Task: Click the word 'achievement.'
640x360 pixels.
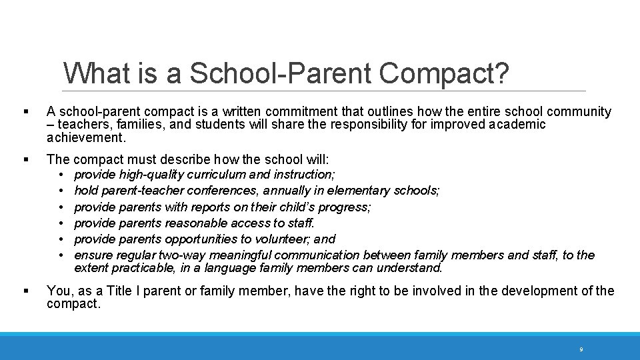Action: (x=86, y=138)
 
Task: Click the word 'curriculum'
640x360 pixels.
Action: (x=216, y=175)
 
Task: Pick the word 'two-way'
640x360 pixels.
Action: (x=181, y=255)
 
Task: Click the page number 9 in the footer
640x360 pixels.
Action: (x=581, y=349)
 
